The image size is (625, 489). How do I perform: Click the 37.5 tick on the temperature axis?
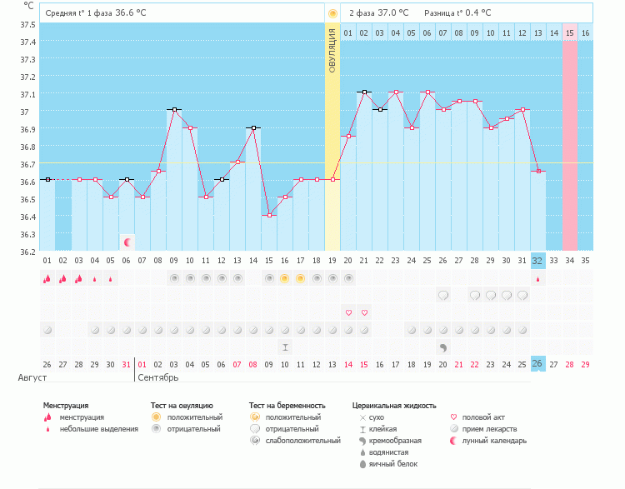click(x=27, y=24)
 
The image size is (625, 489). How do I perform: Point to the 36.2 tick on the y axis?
click(x=27, y=251)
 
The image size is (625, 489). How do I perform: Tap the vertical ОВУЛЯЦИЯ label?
click(x=332, y=50)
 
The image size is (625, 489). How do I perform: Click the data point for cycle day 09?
click(x=174, y=109)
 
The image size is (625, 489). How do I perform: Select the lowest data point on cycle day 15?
click(x=269, y=215)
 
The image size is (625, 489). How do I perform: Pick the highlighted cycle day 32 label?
click(x=537, y=260)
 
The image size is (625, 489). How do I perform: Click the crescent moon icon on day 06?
click(x=127, y=242)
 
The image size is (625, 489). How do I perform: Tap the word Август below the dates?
click(x=32, y=377)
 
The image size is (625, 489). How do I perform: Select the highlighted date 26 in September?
click(x=537, y=364)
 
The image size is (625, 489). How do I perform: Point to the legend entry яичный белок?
click(x=392, y=463)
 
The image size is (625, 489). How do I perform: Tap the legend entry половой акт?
click(x=484, y=417)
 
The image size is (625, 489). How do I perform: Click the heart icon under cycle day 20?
click(x=348, y=312)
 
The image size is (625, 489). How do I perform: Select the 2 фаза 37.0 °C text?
click(x=378, y=13)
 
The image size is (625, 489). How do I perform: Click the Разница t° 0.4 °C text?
click(x=457, y=13)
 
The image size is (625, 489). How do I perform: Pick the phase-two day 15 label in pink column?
click(x=570, y=32)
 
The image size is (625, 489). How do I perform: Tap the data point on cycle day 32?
click(x=538, y=171)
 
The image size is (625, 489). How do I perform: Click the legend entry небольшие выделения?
click(x=98, y=429)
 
